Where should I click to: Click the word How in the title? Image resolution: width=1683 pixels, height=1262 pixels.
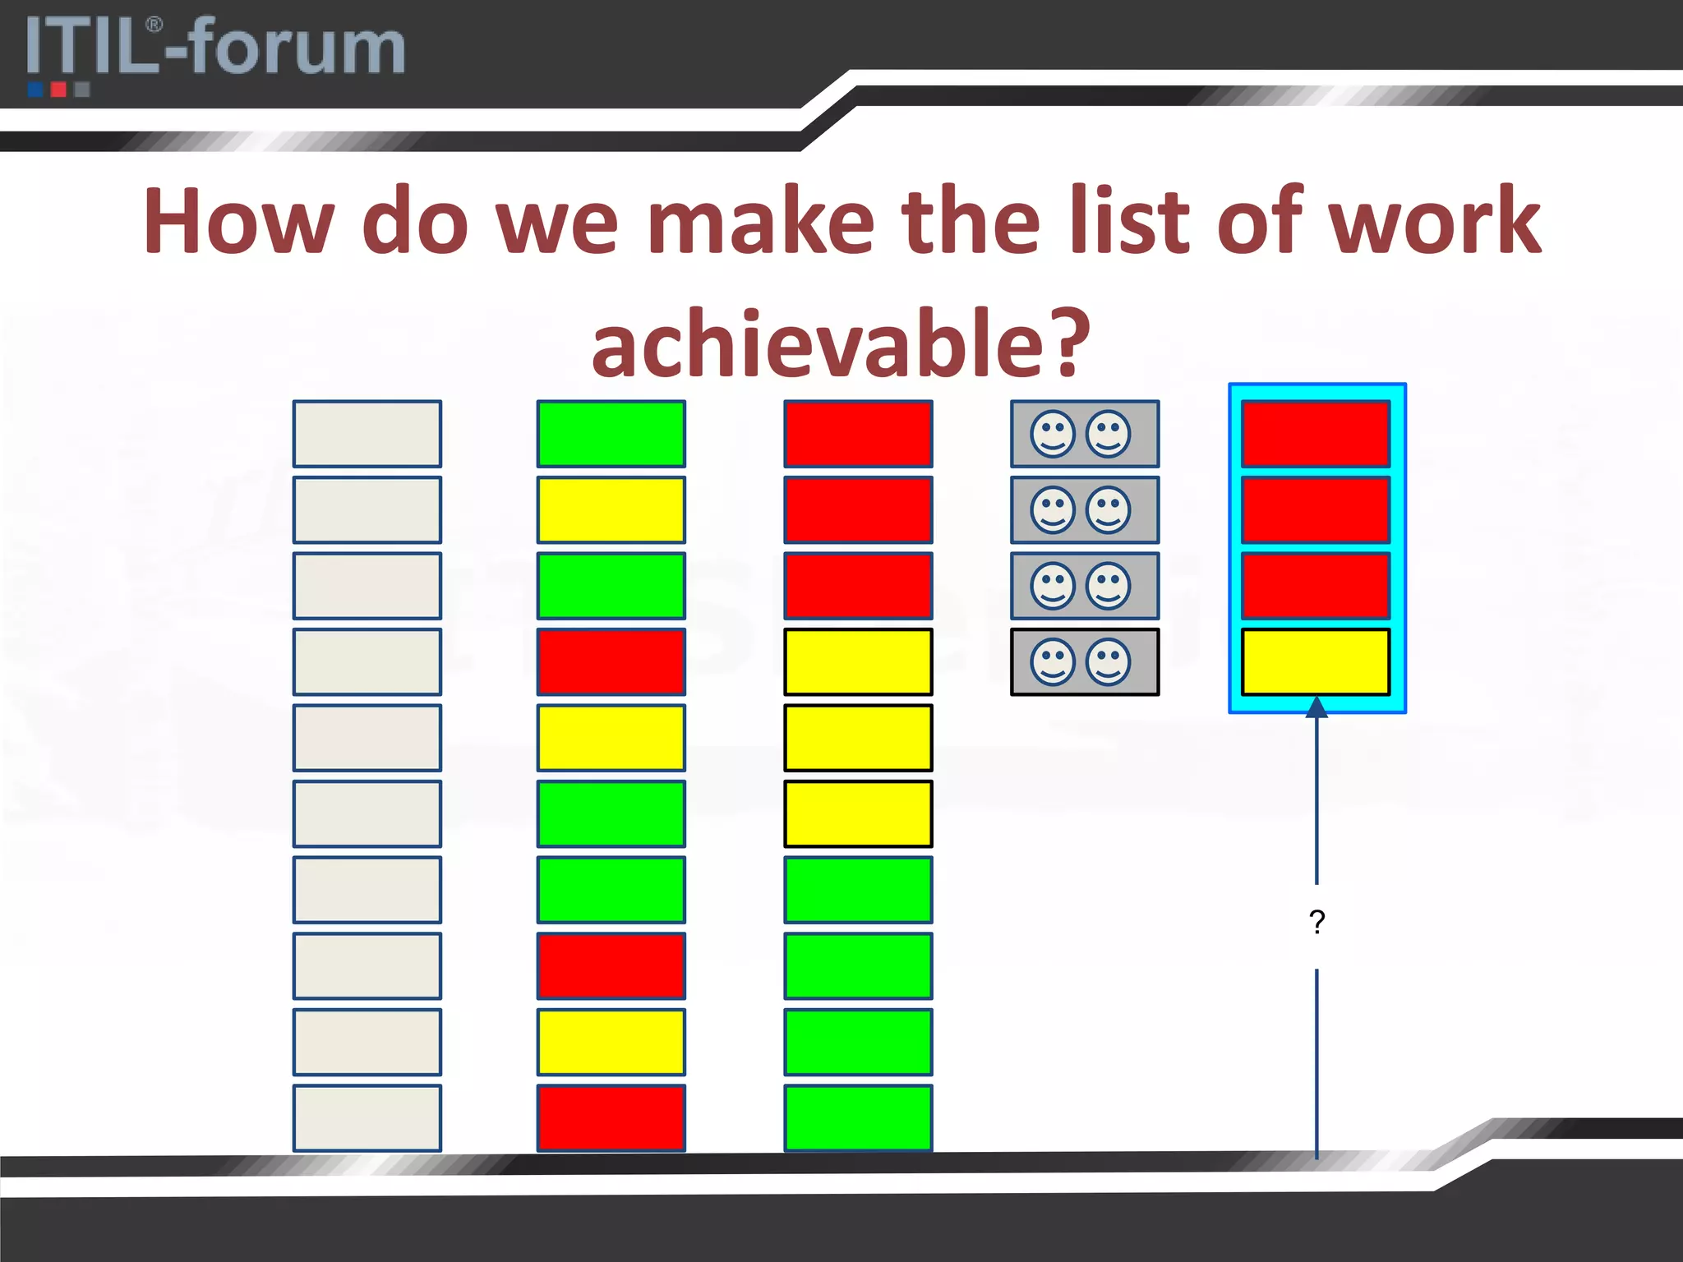coord(238,222)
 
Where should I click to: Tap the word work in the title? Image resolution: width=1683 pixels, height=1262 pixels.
coord(1434,222)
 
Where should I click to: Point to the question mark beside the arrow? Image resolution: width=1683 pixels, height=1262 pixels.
coord(1317,922)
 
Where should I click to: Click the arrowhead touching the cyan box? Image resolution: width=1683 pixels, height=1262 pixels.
coord(1316,707)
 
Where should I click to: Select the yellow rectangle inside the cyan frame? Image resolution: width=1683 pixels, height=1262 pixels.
coord(1315,661)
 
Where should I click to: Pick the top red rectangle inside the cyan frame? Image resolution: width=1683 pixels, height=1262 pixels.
coord(1315,434)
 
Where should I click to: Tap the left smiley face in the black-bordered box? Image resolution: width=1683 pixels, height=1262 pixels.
coord(1053,661)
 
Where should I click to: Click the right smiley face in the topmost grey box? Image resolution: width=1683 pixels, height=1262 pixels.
coord(1109,434)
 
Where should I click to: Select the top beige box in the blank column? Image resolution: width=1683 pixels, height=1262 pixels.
coord(367,434)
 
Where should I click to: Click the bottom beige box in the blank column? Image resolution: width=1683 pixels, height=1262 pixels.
coord(367,1117)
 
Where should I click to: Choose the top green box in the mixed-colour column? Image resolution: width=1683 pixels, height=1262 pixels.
coord(611,434)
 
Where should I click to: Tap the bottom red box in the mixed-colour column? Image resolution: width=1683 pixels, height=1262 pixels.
coord(611,1117)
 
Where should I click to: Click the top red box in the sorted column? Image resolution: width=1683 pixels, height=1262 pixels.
coord(858,434)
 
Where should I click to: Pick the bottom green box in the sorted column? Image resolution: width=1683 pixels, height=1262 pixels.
coord(858,1117)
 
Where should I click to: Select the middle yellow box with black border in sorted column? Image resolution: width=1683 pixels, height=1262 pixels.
coord(858,738)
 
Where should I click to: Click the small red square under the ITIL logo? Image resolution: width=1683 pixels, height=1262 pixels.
coord(58,89)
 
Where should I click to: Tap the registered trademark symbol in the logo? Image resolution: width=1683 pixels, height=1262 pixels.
coord(154,25)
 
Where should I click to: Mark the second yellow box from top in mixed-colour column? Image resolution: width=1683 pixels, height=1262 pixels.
coord(611,738)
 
